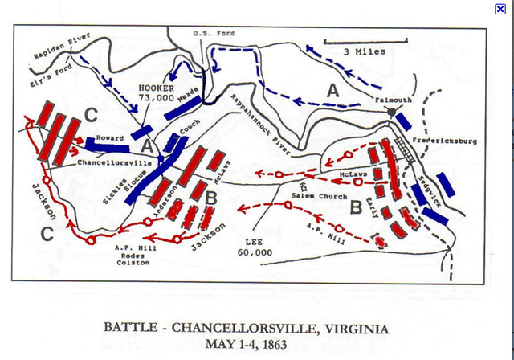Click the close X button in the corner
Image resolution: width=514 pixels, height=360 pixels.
pos(500,8)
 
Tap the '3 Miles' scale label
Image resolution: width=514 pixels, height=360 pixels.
pos(364,51)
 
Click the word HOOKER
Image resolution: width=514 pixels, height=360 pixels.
pos(155,86)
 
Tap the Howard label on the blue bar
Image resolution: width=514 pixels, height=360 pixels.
pos(110,138)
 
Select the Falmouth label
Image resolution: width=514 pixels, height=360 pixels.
pos(393,100)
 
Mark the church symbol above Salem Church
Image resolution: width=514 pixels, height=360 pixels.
pos(304,186)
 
